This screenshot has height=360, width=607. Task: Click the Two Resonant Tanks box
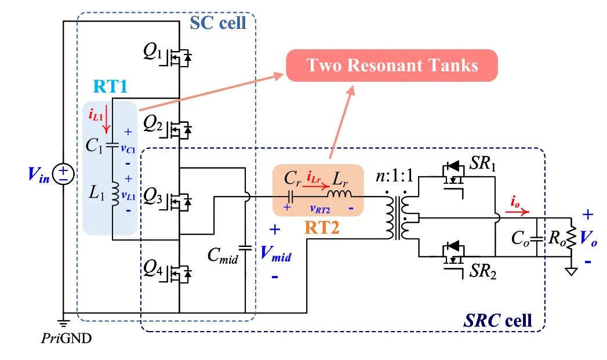click(392, 65)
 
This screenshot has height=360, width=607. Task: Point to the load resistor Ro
click(572, 238)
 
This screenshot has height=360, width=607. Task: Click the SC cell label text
click(218, 23)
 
